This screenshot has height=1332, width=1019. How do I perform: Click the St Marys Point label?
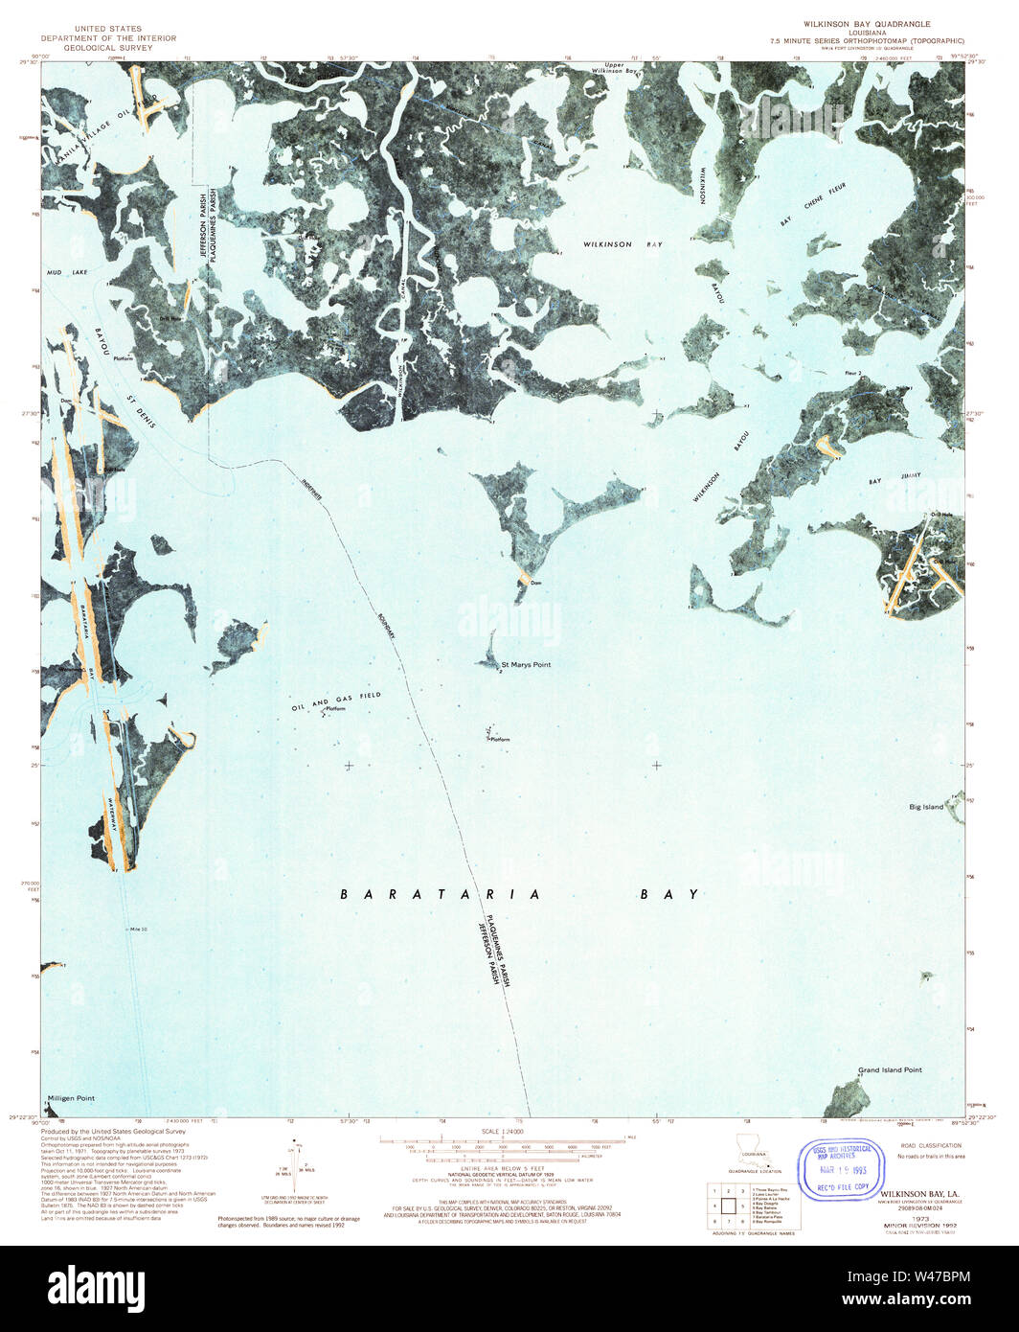tap(527, 664)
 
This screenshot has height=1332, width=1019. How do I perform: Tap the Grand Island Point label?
tap(890, 1069)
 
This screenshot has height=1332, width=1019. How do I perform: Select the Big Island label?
tap(926, 807)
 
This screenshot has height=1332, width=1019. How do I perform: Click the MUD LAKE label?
tap(66, 273)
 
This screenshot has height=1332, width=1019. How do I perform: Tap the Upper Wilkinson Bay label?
tap(614, 68)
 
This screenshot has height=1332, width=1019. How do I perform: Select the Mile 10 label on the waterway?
tap(140, 930)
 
